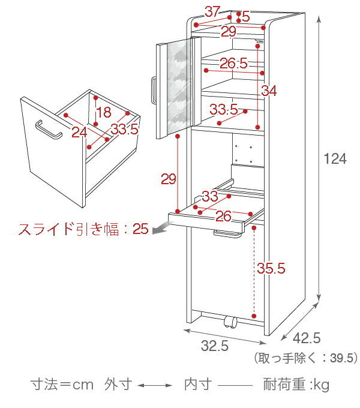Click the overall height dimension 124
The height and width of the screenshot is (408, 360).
click(x=335, y=158)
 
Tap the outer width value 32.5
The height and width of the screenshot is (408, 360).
click(x=215, y=346)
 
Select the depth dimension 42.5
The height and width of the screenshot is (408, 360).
click(x=307, y=338)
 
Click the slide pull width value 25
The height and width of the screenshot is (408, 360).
click(x=140, y=229)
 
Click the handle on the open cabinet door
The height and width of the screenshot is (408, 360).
click(x=154, y=91)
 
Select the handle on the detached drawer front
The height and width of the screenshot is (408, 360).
click(x=49, y=130)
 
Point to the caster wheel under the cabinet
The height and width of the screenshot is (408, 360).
click(x=230, y=322)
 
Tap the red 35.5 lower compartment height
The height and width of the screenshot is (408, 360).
click(x=271, y=268)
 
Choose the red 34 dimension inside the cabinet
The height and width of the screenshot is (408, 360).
click(x=269, y=91)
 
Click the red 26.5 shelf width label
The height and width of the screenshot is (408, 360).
click(x=233, y=63)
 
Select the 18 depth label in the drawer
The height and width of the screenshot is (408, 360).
click(x=104, y=112)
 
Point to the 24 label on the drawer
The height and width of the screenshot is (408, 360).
click(x=79, y=132)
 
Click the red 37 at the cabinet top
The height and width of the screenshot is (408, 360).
click(x=212, y=11)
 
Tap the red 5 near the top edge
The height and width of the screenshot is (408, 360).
click(x=246, y=17)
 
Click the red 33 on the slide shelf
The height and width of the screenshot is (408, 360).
click(x=210, y=196)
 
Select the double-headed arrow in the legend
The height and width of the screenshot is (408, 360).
click(x=155, y=385)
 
